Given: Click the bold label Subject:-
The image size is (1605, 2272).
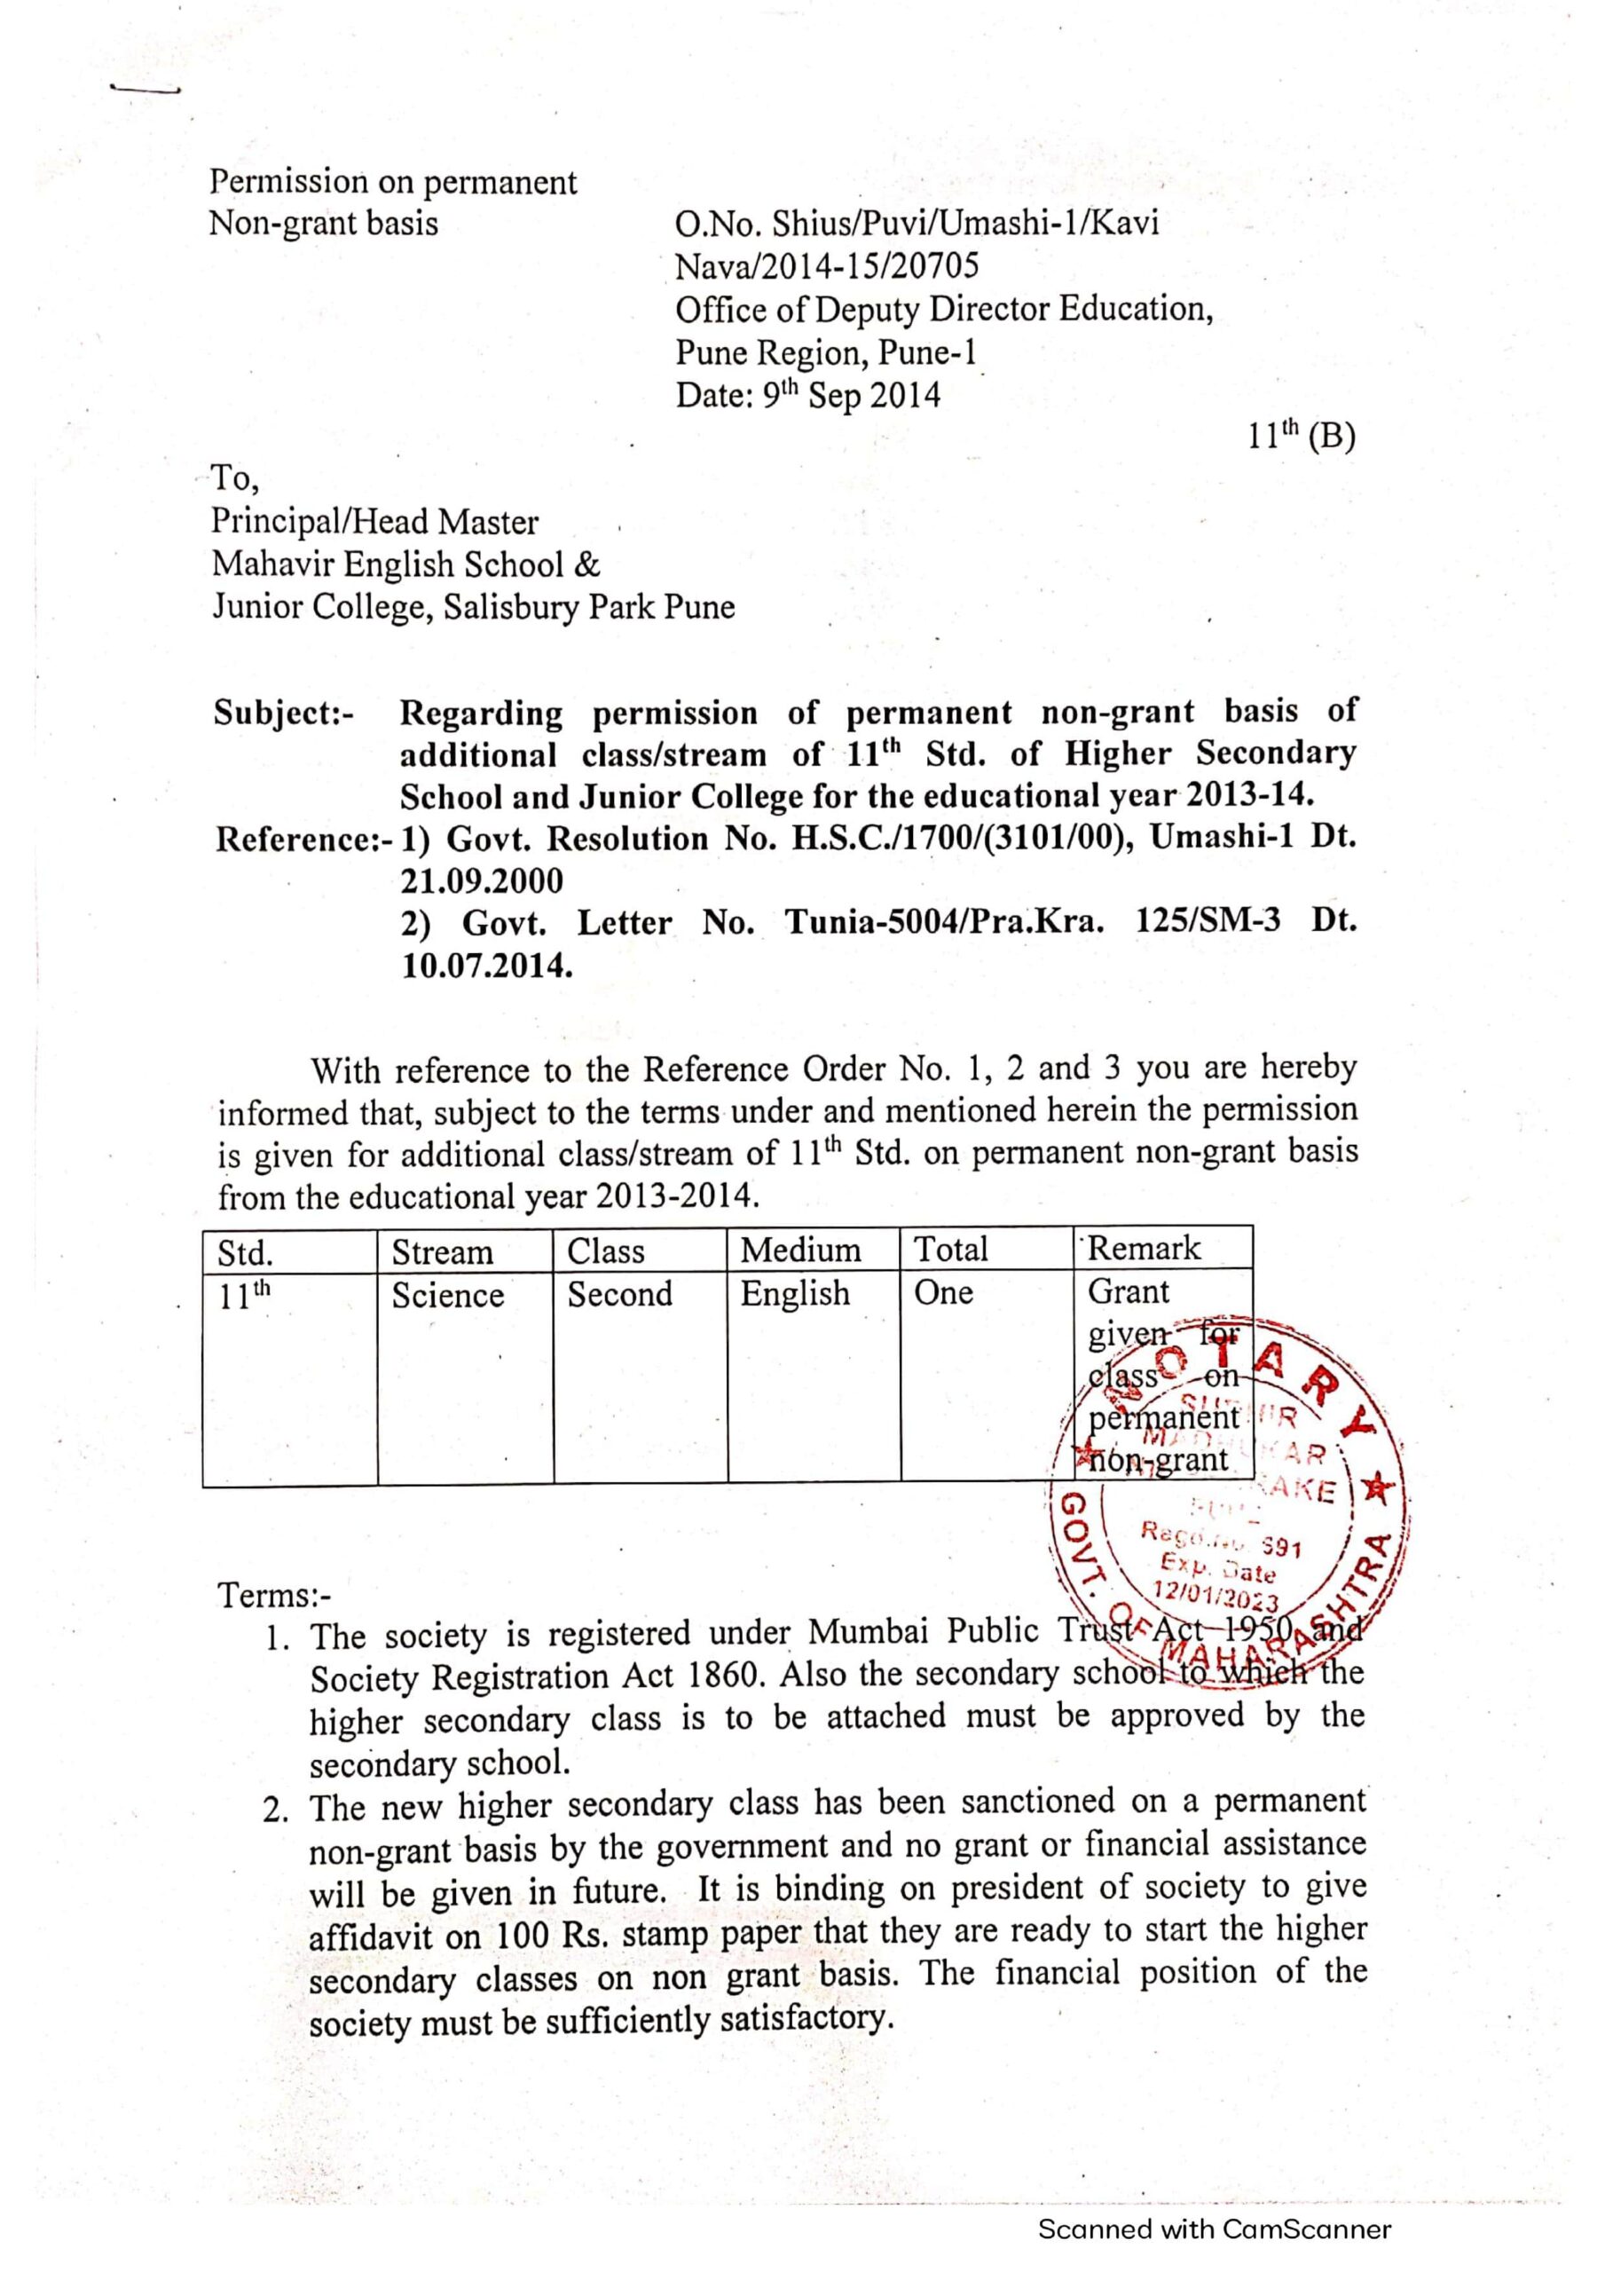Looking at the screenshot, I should coord(283,714).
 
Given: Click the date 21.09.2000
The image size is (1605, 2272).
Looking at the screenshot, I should coord(481,880).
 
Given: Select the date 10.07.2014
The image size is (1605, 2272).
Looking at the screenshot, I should coord(486,966).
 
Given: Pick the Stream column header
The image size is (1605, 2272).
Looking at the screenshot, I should coord(443,1253).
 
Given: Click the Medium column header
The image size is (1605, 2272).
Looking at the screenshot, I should coord(800,1250).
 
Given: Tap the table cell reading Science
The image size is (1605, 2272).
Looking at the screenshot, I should coord(447,1296).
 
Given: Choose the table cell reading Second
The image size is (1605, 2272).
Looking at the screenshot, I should coord(619,1294).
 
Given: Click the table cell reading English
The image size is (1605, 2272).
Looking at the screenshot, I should coord(795,1293).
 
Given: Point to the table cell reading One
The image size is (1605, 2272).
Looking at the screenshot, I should coord(943,1292).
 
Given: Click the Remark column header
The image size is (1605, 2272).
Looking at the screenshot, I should coord(1143,1249).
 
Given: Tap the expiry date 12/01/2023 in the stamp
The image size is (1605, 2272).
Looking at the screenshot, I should coord(1216,1596).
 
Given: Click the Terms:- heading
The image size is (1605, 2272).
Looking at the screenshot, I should coord(275,1596).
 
